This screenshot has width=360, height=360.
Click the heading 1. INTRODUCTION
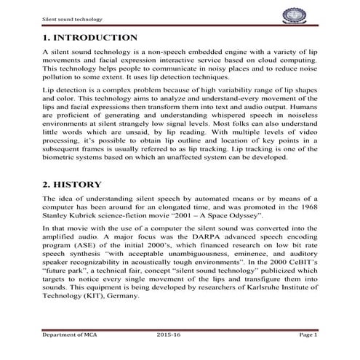click(x=89, y=37)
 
